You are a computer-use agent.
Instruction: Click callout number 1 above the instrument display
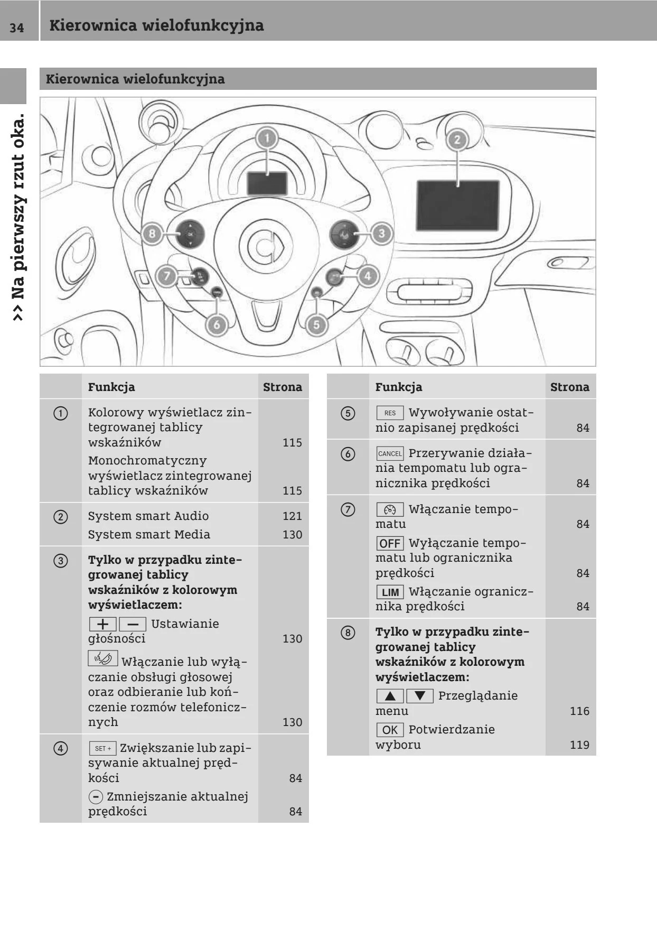[267, 138]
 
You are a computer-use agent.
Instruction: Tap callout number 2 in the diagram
[457, 140]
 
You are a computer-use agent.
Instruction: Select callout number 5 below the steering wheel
[316, 324]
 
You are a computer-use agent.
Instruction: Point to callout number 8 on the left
[152, 233]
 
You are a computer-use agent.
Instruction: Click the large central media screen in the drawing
[458, 205]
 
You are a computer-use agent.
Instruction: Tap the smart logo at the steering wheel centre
[266, 246]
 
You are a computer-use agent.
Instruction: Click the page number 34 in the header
[17, 26]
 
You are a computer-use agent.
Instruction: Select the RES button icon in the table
[390, 413]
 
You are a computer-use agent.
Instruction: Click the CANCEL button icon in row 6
[390, 453]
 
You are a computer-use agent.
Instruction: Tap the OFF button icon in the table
[390, 543]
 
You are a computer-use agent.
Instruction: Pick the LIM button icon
[390, 592]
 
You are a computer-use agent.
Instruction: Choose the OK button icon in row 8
[390, 730]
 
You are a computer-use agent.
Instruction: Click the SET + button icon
[102, 748]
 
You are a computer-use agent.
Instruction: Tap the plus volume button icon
[102, 624]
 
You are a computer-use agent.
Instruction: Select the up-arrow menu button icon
[390, 696]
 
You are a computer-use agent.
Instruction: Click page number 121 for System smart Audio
[292, 516]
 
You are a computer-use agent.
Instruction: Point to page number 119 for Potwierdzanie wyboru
[579, 745]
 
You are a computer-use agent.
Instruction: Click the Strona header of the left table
[283, 387]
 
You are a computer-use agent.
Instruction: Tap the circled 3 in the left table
[61, 560]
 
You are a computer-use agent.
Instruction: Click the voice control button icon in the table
[102, 658]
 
